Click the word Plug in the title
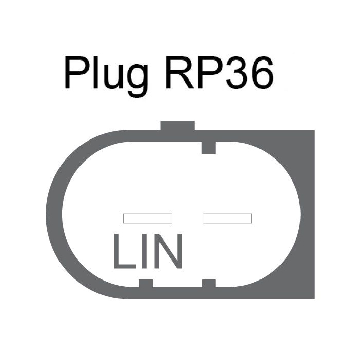click(106, 76)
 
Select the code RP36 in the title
click(219, 72)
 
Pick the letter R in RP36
click(180, 72)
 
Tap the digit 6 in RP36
click(263, 72)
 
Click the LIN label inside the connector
click(148, 251)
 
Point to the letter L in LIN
click(125, 251)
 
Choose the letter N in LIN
click(168, 251)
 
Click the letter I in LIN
click(145, 251)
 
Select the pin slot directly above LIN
click(148, 218)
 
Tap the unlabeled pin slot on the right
click(227, 218)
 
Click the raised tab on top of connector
click(177, 125)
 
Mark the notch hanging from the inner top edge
click(209, 148)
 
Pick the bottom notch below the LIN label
click(146, 283)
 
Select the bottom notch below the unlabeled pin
click(209, 283)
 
